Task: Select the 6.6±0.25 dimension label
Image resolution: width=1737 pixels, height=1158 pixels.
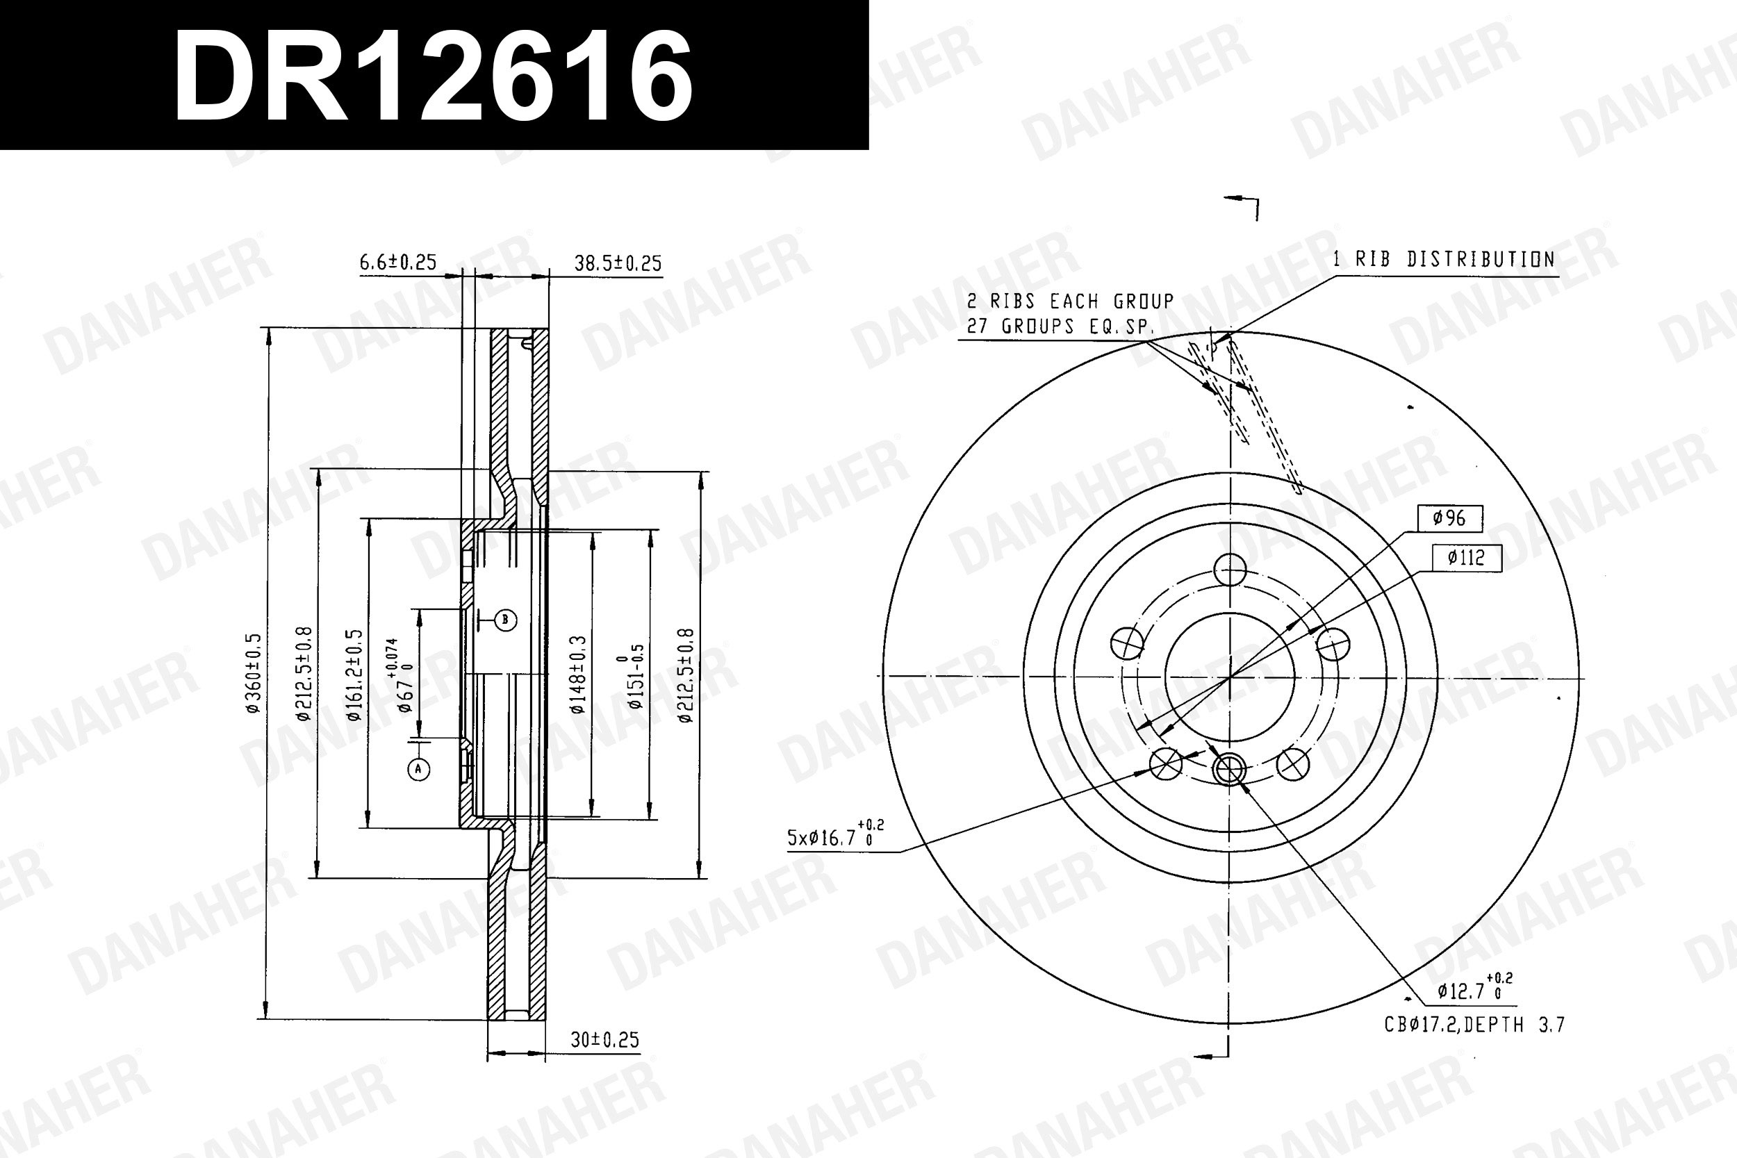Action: [x=398, y=262]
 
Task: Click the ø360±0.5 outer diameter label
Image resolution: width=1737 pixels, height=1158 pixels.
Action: [x=254, y=672]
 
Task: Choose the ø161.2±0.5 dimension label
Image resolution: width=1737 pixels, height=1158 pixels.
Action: [x=355, y=675]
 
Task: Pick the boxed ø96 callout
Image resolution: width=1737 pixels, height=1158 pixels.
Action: [x=1451, y=518]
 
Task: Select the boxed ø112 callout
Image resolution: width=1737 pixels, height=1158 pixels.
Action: [x=1466, y=557]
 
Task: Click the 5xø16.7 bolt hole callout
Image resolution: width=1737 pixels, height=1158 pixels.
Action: [x=835, y=835]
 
